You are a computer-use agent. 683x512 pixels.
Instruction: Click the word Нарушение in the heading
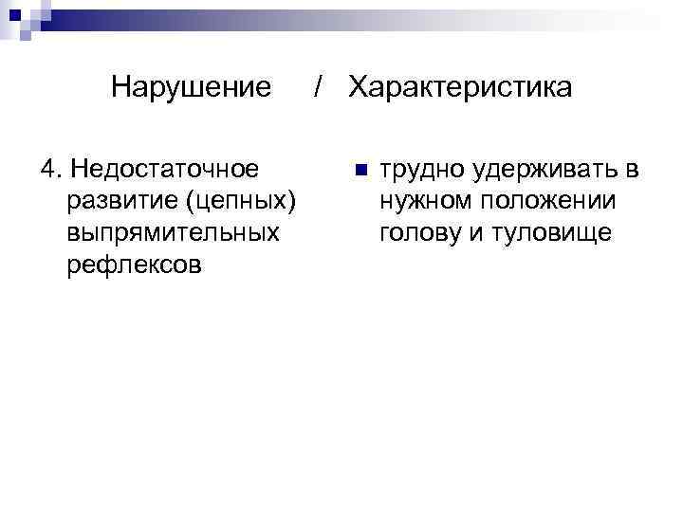coord(191,88)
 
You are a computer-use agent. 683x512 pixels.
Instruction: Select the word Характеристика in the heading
coord(460,88)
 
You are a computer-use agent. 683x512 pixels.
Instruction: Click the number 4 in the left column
coord(47,170)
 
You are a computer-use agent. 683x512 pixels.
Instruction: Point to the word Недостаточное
coord(167,170)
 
